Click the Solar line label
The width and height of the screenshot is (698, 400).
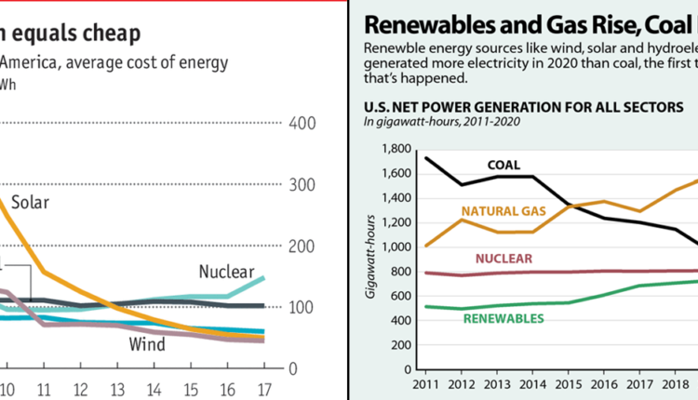[30, 202]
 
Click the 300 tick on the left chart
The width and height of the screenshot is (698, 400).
[303, 185]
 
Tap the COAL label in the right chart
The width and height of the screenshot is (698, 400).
[503, 166]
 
